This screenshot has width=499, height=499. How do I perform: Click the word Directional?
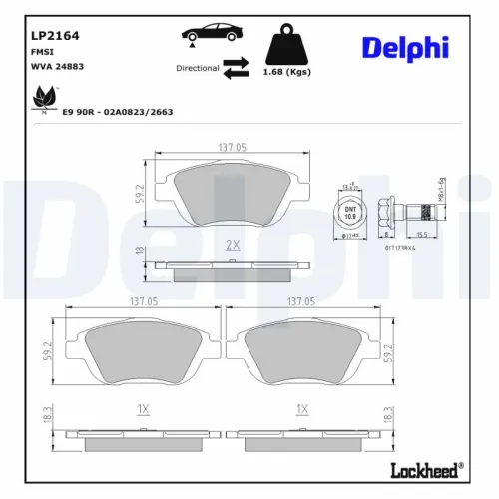tap(198, 69)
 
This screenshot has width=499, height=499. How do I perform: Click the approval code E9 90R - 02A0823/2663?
tap(117, 112)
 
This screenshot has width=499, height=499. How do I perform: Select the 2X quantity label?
tap(233, 245)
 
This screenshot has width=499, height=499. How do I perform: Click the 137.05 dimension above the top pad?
tap(233, 149)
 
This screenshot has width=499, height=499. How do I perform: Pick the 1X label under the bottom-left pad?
tap(142, 408)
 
